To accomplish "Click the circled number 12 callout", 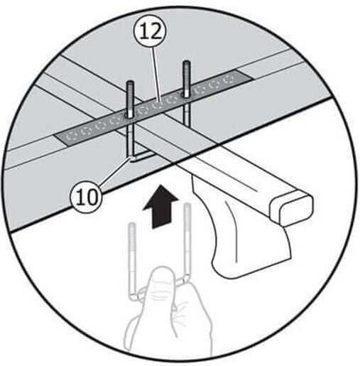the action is (152, 33).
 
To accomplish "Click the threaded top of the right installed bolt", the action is (186, 77).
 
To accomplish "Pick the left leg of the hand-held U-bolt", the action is (132, 261).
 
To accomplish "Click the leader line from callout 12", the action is (156, 75).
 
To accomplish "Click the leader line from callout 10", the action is (116, 171).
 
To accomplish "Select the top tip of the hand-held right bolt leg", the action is (187, 204).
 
